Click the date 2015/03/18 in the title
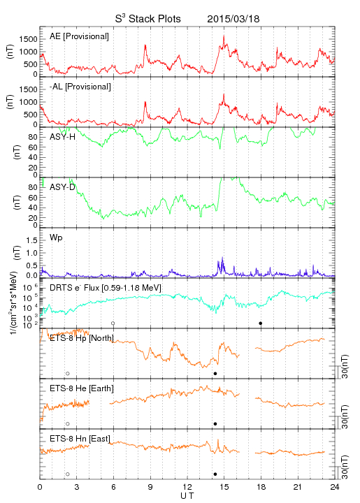click(x=233, y=19)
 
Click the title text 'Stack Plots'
click(x=154, y=19)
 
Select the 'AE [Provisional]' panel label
click(x=79, y=36)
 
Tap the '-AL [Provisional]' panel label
click(x=80, y=87)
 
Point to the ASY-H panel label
click(x=63, y=137)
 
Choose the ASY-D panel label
click(x=62, y=187)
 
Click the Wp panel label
click(x=56, y=238)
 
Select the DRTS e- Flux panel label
click(x=106, y=288)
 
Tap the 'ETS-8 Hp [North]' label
click(x=82, y=338)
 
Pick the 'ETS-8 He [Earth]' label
click(x=82, y=388)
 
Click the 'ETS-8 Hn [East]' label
click(x=80, y=439)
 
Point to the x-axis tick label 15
click(x=224, y=487)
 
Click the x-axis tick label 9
click(x=150, y=487)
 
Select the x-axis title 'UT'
click(x=187, y=496)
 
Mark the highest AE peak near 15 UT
click(x=224, y=36)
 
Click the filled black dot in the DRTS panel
click(x=261, y=323)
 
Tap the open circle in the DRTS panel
click(x=113, y=323)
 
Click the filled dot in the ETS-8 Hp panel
click(x=215, y=373)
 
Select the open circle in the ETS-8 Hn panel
click(x=68, y=474)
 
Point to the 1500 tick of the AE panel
click(x=28, y=39)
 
